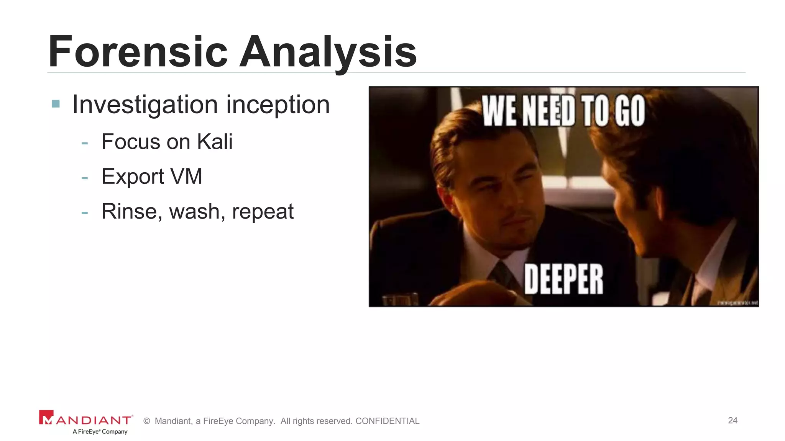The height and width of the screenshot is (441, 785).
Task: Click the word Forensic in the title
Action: (x=138, y=52)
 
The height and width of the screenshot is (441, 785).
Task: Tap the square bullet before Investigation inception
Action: (x=56, y=104)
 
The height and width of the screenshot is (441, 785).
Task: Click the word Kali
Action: (x=215, y=142)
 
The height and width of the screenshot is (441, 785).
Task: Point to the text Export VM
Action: (x=152, y=176)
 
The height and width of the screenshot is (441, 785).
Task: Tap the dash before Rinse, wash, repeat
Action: (x=85, y=213)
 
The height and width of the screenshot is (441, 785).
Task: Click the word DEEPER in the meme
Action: (x=563, y=279)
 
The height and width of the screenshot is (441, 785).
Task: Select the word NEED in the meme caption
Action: (x=549, y=111)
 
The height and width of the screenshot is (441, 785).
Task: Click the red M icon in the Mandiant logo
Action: (x=46, y=418)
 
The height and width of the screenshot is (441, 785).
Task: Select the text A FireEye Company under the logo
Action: (x=100, y=431)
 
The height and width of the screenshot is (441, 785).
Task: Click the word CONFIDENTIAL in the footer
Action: (x=387, y=421)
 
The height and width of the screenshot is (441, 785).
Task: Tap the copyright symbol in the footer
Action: (x=146, y=421)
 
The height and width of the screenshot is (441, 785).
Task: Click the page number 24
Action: (x=732, y=420)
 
